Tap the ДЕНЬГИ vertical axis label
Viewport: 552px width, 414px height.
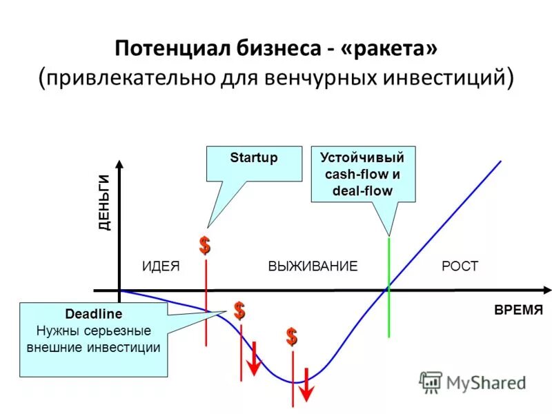(104, 202)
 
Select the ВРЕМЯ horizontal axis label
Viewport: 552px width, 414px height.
(519, 310)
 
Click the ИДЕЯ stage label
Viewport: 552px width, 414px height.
(161, 266)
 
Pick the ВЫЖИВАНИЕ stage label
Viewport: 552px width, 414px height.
(313, 266)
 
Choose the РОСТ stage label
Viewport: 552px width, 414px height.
(460, 266)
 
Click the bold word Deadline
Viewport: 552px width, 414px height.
(93, 314)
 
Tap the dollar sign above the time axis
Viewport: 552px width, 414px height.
(205, 245)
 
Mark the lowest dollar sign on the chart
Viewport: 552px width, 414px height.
(293, 337)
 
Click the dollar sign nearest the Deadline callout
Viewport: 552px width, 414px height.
(239, 310)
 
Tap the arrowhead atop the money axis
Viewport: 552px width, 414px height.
(120, 165)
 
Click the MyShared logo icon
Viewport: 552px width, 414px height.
(431, 382)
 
